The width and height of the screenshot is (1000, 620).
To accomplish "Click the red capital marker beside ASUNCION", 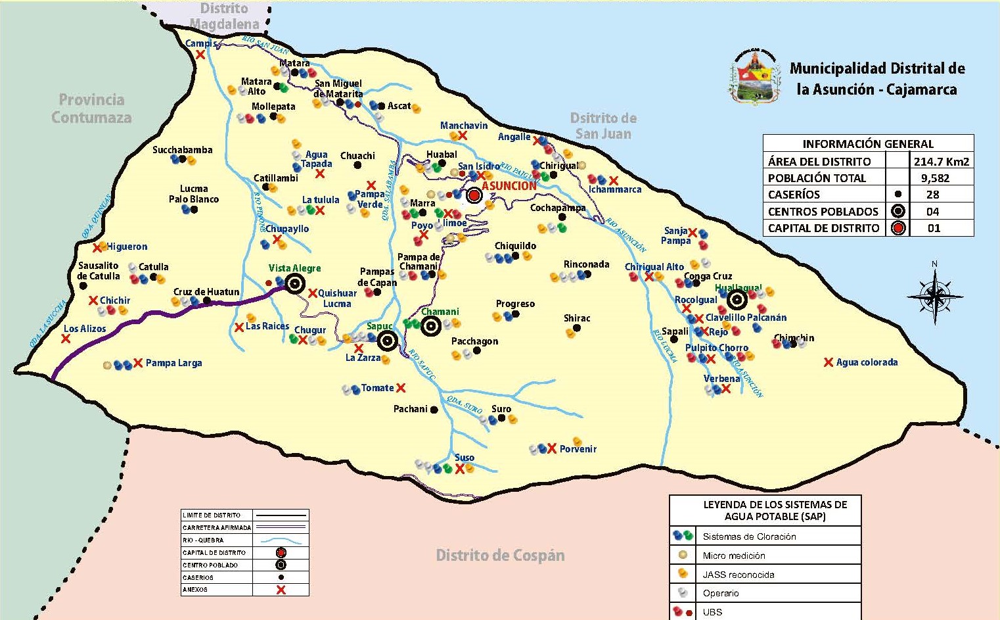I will click(474, 195).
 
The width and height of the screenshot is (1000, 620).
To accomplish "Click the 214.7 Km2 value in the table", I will click(941, 161).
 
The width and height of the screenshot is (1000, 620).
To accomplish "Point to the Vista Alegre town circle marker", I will click(295, 284).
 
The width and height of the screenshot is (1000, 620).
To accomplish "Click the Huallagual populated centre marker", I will click(737, 300).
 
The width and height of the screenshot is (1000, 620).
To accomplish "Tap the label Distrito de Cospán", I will click(500, 556).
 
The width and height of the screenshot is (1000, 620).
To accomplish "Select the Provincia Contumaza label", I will click(91, 108).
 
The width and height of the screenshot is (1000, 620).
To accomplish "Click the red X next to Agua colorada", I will click(829, 362).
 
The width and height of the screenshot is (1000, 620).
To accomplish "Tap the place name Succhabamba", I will click(182, 150).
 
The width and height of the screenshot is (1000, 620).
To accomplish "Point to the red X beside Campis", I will click(200, 55).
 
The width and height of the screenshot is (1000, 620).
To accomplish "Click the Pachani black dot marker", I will click(434, 410).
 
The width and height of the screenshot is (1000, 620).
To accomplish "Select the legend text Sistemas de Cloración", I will click(749, 537).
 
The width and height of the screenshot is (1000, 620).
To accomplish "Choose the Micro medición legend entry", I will click(733, 556).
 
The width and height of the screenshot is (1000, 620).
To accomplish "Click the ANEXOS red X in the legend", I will click(281, 590).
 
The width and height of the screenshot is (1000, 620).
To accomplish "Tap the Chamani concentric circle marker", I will click(431, 325).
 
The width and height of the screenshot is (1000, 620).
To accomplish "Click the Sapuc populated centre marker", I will click(388, 341).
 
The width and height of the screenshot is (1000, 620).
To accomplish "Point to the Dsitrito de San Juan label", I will click(603, 126).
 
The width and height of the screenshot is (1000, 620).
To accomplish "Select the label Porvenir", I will click(578, 449).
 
